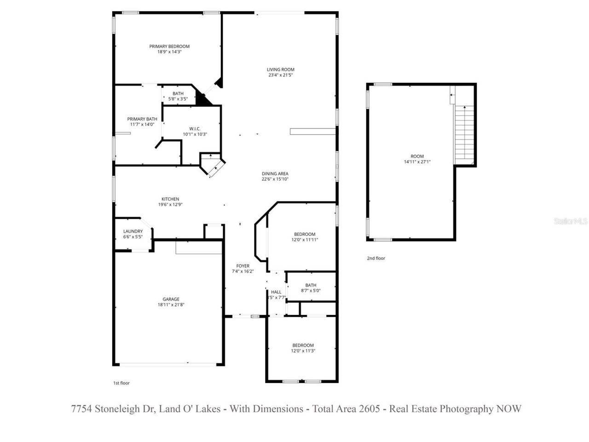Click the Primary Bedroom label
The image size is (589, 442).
pyautogui.click(x=169, y=47)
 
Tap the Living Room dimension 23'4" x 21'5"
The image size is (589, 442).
pyautogui.click(x=280, y=75)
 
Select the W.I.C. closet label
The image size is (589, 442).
pyautogui.click(x=195, y=129)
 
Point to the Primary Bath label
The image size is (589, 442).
pyautogui.click(x=142, y=119)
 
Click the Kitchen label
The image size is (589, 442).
pyautogui.click(x=170, y=199)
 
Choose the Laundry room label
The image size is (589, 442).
pyautogui.click(x=133, y=231)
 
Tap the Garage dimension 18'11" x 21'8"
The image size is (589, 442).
pyautogui.click(x=171, y=305)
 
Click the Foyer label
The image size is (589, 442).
pyautogui.click(x=243, y=266)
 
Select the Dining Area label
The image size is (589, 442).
pyautogui.click(x=275, y=174)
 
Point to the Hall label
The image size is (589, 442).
pyautogui.click(x=276, y=292)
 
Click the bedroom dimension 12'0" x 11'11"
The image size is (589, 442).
pyautogui.click(x=305, y=240)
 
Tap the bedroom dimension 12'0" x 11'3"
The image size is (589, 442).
pyautogui.click(x=303, y=351)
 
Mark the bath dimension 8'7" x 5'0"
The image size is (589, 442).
pyautogui.click(x=311, y=291)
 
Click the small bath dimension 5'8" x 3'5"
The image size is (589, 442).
pyautogui.click(x=178, y=99)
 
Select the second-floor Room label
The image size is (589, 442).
pyautogui.click(x=417, y=156)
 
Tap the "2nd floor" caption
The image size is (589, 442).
pyautogui.click(x=376, y=258)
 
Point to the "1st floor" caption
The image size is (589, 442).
pyautogui.click(x=121, y=383)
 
